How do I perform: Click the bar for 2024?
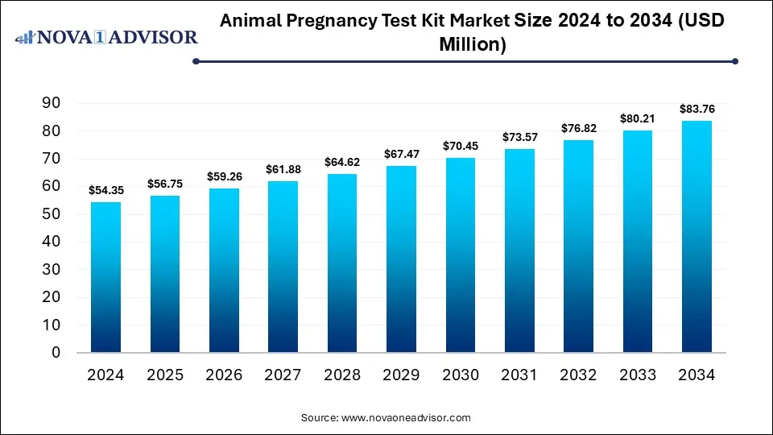coord(105,277)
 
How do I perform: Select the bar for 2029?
coord(401,259)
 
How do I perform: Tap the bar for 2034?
coord(697,237)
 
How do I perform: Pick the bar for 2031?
coord(519,251)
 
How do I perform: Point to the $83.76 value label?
coord(697,108)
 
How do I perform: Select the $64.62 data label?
coord(342,161)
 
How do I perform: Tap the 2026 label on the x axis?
coord(224,375)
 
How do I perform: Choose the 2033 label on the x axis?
coord(638,375)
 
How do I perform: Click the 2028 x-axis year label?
coord(342,375)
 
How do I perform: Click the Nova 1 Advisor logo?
coord(107,37)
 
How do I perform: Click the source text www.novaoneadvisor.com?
coord(386,417)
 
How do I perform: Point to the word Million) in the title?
coord(472,45)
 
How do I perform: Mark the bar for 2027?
coord(283,267)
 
